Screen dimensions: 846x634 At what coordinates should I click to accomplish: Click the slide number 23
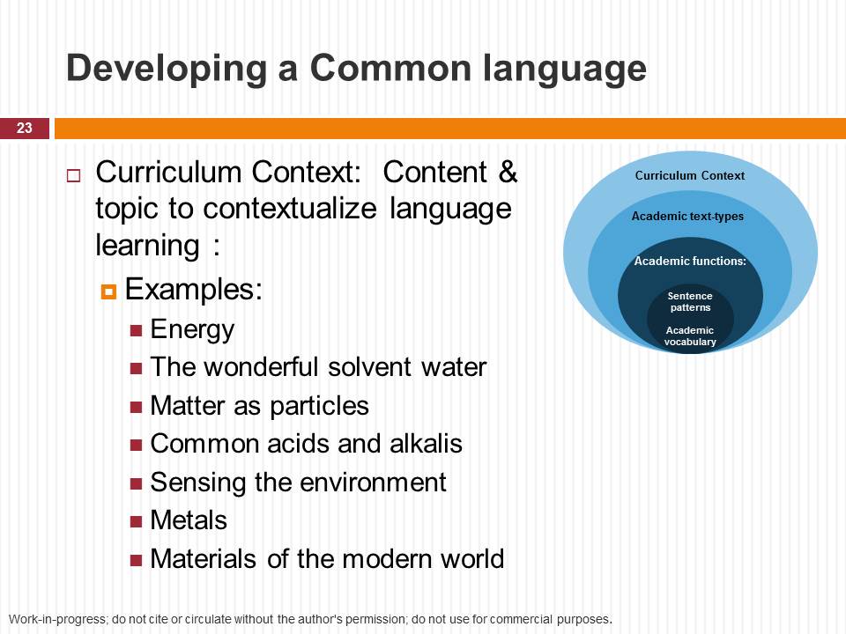tap(25, 128)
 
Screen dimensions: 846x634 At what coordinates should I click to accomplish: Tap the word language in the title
tap(564, 69)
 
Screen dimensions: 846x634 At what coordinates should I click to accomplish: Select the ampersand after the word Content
tap(508, 172)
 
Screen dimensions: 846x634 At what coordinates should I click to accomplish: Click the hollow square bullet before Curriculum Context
tap(73, 176)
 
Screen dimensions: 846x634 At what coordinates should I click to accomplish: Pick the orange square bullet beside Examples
tap(108, 291)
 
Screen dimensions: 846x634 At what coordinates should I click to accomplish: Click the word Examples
tap(194, 290)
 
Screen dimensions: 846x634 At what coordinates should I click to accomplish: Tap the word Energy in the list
tap(193, 330)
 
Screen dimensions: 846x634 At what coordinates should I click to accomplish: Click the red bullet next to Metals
tap(136, 521)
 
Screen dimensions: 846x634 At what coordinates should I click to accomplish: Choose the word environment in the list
tap(372, 482)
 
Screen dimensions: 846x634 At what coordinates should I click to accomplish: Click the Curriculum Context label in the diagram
tap(689, 176)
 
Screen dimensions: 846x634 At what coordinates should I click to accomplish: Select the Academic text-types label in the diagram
tap(687, 217)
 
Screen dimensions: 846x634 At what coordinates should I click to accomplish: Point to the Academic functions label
tap(690, 261)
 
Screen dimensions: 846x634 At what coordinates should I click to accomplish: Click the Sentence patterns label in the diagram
tap(690, 302)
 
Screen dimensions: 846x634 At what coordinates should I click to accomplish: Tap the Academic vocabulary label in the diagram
tap(690, 335)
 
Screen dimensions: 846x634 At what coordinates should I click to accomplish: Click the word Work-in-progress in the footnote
tap(59, 619)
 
